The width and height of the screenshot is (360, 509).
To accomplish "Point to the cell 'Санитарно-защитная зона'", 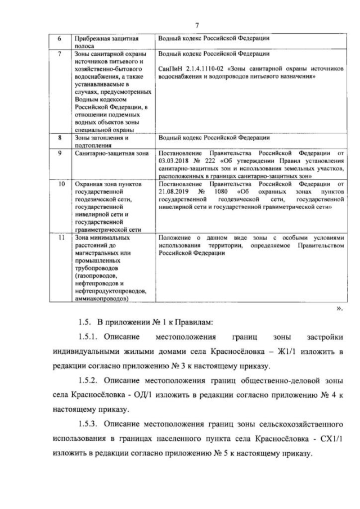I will pyautogui.click(x=107, y=152).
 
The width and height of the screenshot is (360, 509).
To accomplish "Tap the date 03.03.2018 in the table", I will pyautogui.click(x=175, y=160).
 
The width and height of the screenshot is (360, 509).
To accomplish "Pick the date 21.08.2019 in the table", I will pyautogui.click(x=175, y=191).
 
